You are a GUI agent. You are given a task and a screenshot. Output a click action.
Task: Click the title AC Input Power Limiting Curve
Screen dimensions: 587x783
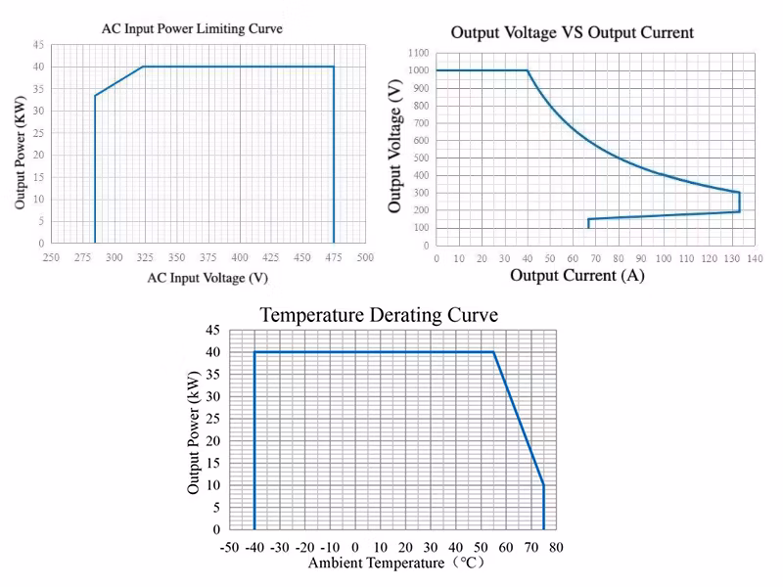192,29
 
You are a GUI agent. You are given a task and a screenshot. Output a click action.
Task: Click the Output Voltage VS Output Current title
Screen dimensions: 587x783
572,32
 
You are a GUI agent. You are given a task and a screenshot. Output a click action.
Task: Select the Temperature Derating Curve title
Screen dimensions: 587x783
379,315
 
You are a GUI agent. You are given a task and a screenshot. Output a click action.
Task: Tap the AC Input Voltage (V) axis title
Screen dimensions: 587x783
207,277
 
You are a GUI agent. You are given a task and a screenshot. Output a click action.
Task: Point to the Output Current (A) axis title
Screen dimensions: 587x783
577,275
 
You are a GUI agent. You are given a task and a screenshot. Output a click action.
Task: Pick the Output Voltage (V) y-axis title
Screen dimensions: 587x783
395,148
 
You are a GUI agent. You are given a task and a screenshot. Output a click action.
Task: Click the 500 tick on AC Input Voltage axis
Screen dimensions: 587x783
365,257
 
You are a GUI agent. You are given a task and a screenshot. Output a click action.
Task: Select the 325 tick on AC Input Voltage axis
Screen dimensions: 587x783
144,257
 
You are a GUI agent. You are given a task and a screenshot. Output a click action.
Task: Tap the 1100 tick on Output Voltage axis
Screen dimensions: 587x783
420,53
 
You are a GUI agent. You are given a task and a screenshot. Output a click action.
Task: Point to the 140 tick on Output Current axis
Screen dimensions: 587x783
755,258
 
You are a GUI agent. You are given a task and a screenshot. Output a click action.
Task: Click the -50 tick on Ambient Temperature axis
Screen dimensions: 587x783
229,546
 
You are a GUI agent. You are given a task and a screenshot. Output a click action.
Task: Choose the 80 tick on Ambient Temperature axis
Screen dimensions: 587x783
555,546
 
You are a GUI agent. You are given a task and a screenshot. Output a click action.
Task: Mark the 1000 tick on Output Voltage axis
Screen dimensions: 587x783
420,70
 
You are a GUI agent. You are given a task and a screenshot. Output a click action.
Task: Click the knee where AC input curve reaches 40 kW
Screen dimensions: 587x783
144,67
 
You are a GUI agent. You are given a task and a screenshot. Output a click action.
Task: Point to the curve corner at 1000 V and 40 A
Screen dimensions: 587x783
528,70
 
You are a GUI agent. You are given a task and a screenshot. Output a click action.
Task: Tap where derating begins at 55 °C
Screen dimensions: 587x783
493,352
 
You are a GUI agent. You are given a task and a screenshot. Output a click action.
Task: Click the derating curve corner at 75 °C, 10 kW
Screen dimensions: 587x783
543,485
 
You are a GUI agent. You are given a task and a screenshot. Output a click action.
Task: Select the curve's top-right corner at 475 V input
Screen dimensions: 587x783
334,67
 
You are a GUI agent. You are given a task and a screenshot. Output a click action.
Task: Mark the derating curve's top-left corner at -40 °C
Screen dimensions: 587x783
254,352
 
